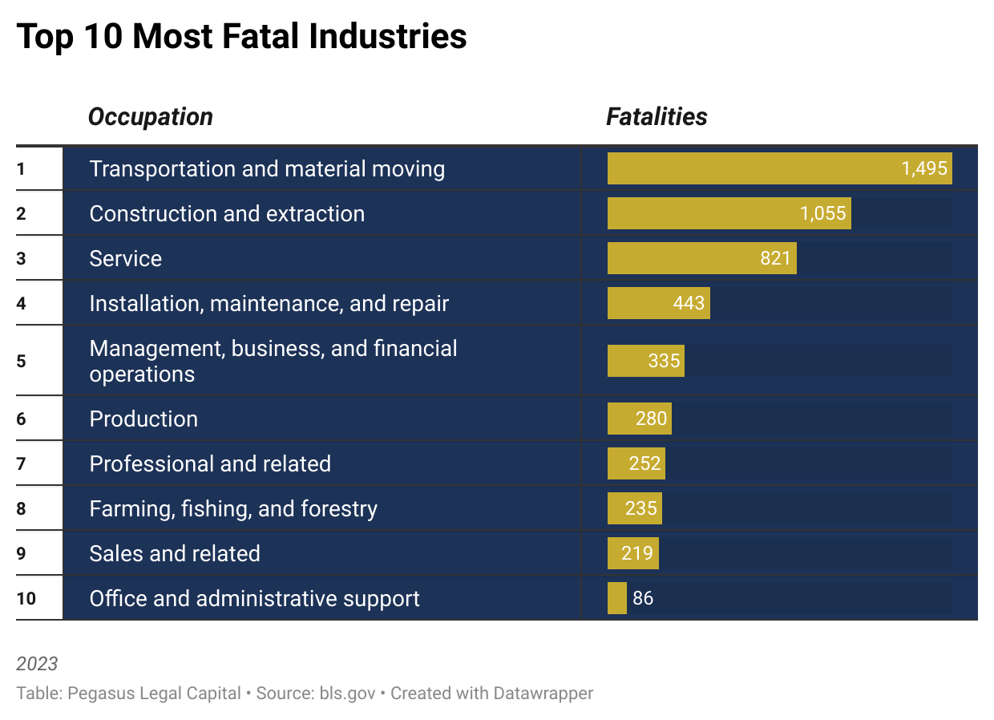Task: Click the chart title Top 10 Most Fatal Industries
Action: [240, 37]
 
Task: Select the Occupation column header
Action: [150, 117]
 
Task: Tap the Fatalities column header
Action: [657, 117]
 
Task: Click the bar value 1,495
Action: [924, 168]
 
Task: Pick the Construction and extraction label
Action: [227, 214]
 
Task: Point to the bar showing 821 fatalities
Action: [701, 258]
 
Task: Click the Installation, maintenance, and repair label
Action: [269, 304]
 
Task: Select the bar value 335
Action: [664, 361]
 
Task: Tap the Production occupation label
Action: [143, 419]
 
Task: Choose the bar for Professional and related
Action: [636, 463]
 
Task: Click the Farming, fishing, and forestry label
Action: [233, 509]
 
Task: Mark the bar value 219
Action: [637, 553]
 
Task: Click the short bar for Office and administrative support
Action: [616, 598]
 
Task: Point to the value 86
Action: [643, 598]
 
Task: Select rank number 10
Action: [26, 598]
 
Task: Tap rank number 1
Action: [21, 168]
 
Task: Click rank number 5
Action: [21, 361]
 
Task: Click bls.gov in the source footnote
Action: [347, 693]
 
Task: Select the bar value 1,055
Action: [822, 214]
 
